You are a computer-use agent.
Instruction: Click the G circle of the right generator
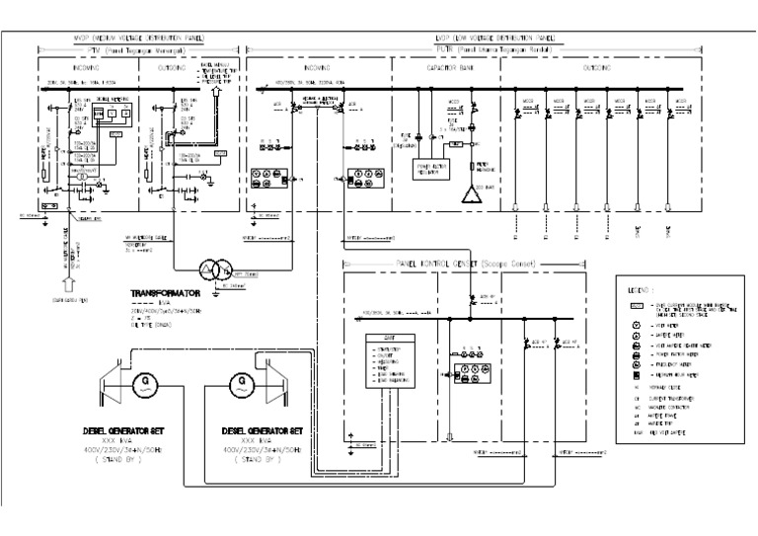(238, 380)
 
